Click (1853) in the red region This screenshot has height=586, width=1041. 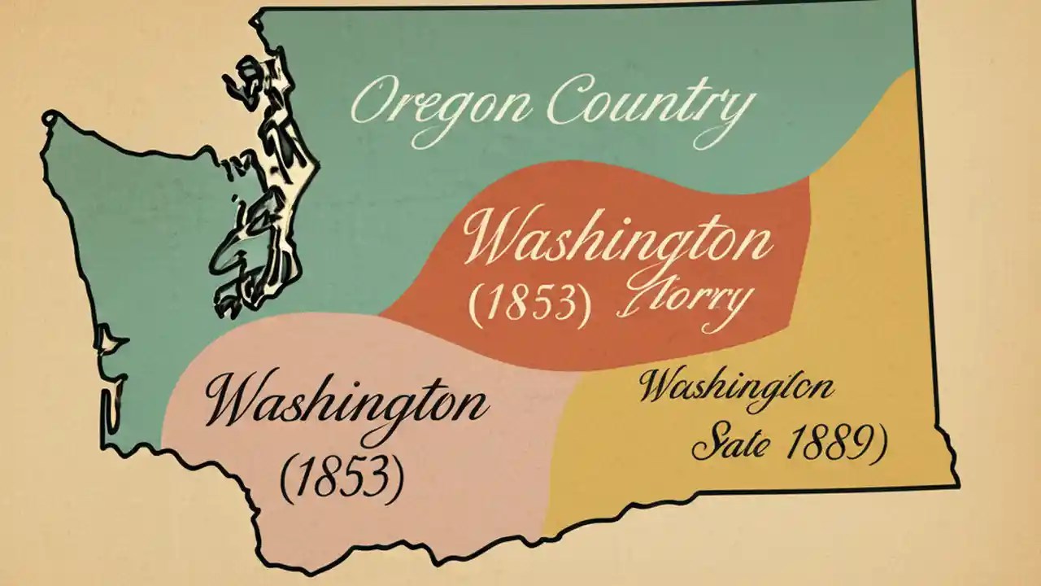pos(529,303)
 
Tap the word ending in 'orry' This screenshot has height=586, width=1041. pos(683,303)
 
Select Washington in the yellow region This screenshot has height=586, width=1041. pos(736,386)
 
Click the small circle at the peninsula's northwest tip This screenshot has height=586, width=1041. pos(51,117)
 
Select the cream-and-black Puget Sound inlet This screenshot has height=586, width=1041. pos(260,187)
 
